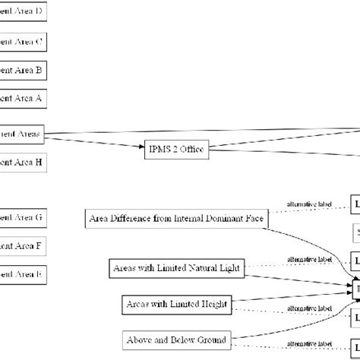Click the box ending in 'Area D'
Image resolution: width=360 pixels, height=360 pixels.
tap(23, 12)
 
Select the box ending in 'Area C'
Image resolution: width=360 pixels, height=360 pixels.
tap(23, 41)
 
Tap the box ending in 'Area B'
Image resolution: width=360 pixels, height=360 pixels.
tap(23, 71)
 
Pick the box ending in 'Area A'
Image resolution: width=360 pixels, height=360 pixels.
tap(23, 99)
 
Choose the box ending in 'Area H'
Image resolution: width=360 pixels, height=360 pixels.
tap(23, 162)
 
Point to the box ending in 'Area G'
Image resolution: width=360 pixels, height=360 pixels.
tap(23, 217)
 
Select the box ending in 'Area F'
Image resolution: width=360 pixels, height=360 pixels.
tap(23, 245)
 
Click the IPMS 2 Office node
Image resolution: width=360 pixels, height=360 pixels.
tap(176, 149)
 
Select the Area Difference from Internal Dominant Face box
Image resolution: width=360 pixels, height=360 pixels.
tap(176, 219)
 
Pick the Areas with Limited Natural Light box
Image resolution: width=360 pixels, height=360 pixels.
tap(176, 267)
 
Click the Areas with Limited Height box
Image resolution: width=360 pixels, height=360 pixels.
tap(176, 305)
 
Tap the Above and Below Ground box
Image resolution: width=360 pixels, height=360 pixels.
tap(176, 339)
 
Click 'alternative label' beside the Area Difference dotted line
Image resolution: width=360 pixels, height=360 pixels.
tap(309, 204)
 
